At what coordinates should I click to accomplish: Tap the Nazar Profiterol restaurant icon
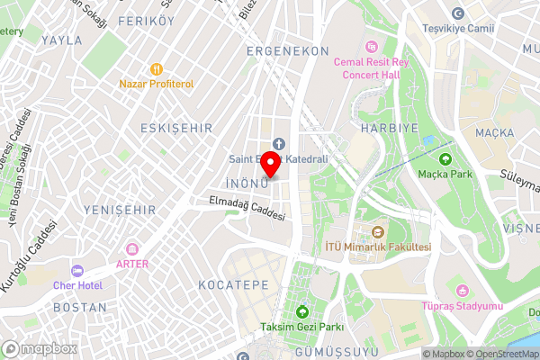click(156, 68)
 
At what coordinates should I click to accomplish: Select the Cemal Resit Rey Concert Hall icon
click(372, 46)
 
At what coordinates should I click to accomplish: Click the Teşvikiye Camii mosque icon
click(458, 13)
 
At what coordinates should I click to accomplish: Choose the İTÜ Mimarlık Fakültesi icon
click(378, 232)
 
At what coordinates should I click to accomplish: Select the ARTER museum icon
click(132, 248)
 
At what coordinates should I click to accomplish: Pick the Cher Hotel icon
click(76, 270)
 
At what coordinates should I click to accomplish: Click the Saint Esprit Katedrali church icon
click(278, 144)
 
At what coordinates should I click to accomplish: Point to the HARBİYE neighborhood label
click(390, 129)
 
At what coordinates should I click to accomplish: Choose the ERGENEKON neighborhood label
click(288, 51)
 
